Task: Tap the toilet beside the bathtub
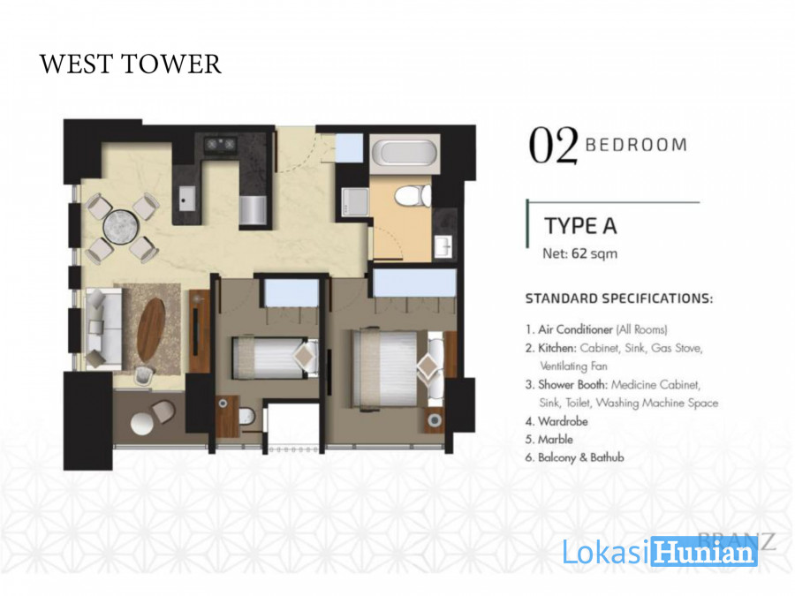click(x=413, y=196)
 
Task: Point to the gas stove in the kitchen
click(x=221, y=145)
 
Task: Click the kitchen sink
click(x=186, y=199)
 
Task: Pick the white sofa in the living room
click(x=103, y=328)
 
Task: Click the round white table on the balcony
click(x=141, y=424)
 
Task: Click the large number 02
click(x=553, y=146)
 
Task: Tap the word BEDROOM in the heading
click(x=636, y=145)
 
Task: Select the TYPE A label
click(x=580, y=226)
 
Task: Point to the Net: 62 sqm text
click(x=580, y=253)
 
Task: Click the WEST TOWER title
click(x=131, y=64)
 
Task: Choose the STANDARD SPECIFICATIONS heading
click(x=619, y=298)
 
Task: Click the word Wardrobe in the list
click(x=563, y=421)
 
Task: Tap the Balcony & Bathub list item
click(x=580, y=457)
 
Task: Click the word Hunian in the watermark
click(x=704, y=552)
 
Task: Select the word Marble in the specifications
click(x=556, y=440)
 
